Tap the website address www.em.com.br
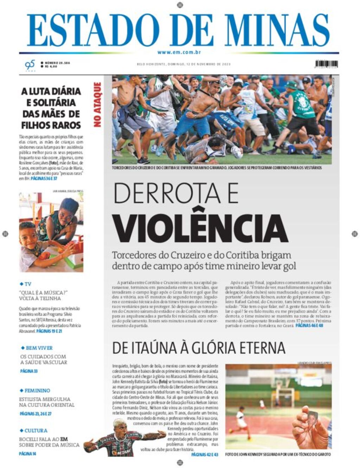coord(179,52)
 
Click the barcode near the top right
coord(326,64)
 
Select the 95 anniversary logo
coord(30,65)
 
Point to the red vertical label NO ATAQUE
coord(97,105)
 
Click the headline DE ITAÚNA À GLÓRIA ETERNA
coord(199,348)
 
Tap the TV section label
coord(28,284)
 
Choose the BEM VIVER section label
coord(39,348)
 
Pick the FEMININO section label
coord(37,391)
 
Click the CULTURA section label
coord(36,431)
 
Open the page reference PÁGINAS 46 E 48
coord(309,326)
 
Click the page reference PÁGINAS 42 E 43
coord(205,455)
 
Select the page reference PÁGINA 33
coord(29,371)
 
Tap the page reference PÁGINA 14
coord(28,454)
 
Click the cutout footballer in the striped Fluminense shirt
coord(120,440)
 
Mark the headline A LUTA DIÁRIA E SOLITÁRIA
coord(51,108)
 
